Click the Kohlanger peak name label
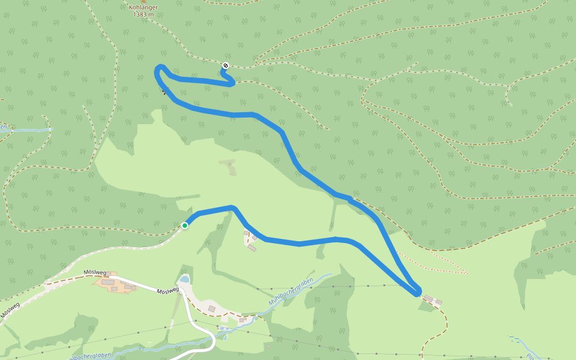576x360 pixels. [x=143, y=7]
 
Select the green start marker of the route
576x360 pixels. [x=185, y=226]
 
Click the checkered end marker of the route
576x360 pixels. [x=225, y=65]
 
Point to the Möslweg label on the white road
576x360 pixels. [x=167, y=290]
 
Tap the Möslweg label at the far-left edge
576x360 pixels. [x=10, y=311]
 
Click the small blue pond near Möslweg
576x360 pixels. [x=184, y=279]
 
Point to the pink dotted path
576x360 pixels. [x=432, y=263]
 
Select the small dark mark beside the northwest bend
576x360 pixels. [x=163, y=91]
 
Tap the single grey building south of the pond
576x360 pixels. [x=211, y=308]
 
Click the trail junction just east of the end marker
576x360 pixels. [x=257, y=62]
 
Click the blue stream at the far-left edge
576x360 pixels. [x=24, y=130]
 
